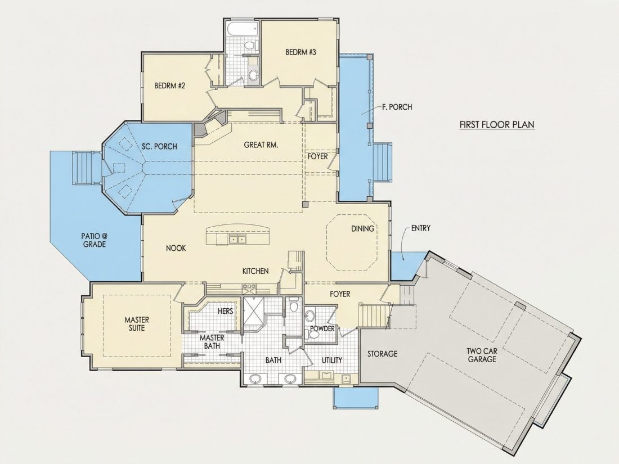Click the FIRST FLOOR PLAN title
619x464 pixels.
pos(497,125)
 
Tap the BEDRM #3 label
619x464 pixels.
pos(301,52)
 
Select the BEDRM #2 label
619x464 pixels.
pos(170,85)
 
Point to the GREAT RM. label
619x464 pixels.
pos(261,145)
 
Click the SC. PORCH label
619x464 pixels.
pos(159,146)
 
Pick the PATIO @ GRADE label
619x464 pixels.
pos(94,240)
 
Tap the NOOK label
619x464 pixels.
pos(176,248)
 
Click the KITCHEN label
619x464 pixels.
pos(255,271)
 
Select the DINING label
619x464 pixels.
pos(362,228)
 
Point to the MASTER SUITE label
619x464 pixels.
pos(137,323)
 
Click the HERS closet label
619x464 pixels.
pos(226,312)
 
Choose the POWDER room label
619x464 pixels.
pos(322,328)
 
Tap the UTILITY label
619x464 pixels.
pos(332,360)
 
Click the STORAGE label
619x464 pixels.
pos(382,354)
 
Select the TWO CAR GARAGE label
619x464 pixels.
pos(482,355)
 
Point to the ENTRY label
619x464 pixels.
pos(420,228)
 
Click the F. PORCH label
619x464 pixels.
pos(397,107)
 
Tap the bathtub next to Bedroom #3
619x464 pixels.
pos(243,29)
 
